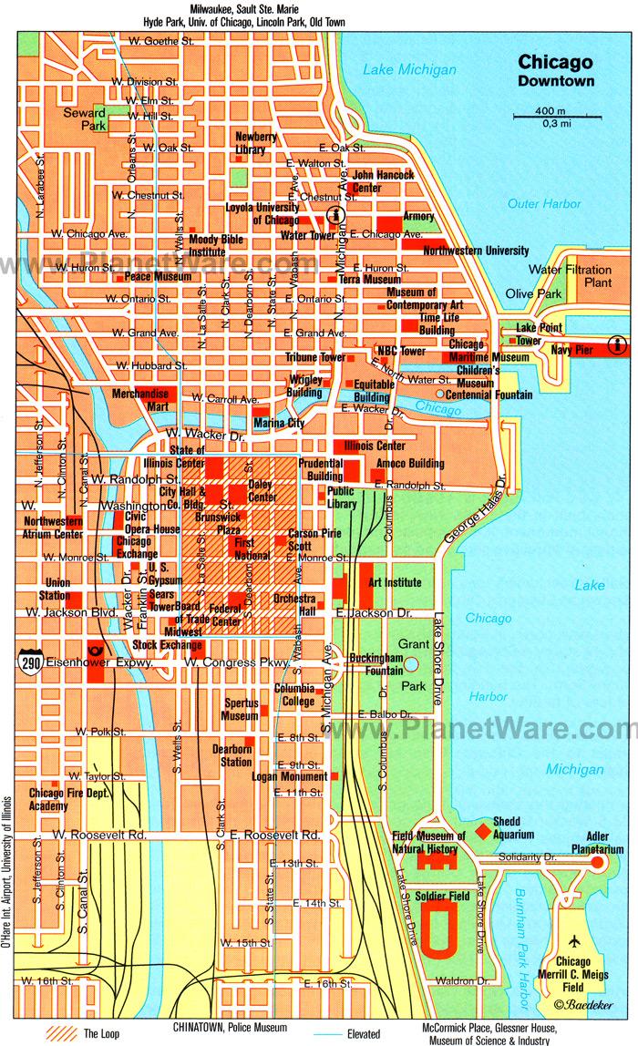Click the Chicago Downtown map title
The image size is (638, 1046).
click(555, 70)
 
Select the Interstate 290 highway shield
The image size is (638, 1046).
click(27, 658)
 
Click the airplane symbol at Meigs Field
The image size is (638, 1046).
click(574, 942)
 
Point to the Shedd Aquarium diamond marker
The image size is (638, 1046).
click(480, 831)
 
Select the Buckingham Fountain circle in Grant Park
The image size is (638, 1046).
click(411, 664)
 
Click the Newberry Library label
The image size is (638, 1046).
click(256, 143)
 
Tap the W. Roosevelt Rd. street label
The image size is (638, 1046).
click(99, 834)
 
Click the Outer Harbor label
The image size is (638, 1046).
click(544, 204)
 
